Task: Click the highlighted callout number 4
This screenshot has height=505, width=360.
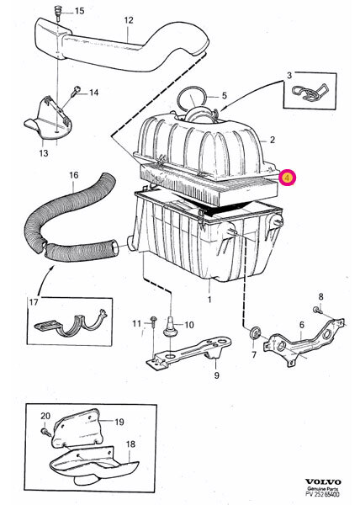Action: click(x=287, y=178)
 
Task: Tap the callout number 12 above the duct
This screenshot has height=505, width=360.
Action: click(x=128, y=19)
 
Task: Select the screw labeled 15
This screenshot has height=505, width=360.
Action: click(x=57, y=11)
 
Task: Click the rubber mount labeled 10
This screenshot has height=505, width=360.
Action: click(x=170, y=324)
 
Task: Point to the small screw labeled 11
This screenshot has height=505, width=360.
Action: click(x=154, y=322)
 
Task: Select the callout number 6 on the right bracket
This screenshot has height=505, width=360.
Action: click(x=301, y=326)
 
